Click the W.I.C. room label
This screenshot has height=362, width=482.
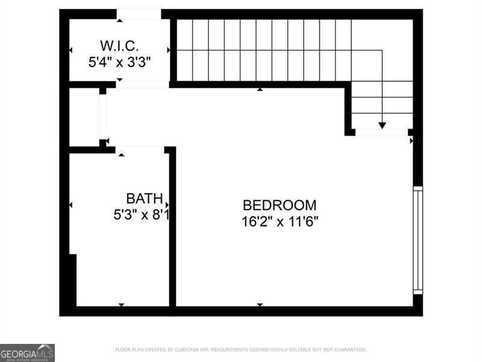pos(119,45)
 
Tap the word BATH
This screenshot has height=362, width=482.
pos(144,198)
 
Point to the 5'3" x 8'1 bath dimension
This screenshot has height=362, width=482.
pos(141,214)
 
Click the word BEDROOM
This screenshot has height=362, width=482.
pos(279,205)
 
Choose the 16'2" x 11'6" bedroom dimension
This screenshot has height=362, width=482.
pos(280,221)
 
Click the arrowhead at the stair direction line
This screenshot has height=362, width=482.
pos(382,125)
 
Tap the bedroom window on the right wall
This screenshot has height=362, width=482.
pos(418,240)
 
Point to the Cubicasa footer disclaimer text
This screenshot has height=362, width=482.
pos(240,350)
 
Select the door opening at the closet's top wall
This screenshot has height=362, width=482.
pos(139,14)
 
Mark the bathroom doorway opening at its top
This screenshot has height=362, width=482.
pos(140,149)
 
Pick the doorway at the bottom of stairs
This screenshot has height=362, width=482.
pos(381,132)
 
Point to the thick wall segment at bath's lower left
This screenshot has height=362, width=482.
pos(73,280)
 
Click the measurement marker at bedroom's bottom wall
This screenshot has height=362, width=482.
pos(260,305)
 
